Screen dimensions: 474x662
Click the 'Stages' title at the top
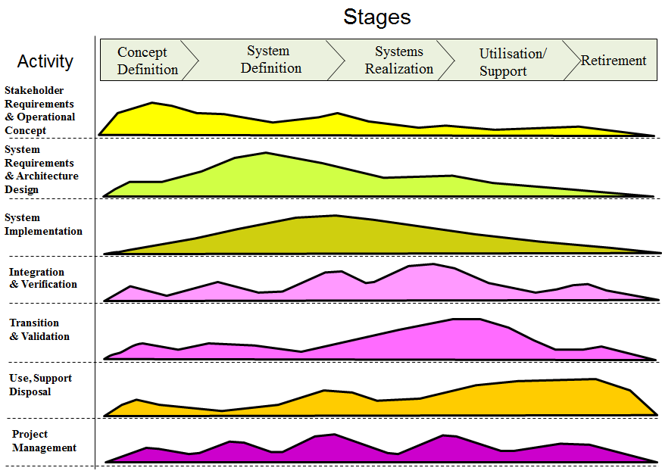point(376,17)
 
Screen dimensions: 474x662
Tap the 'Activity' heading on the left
point(45,61)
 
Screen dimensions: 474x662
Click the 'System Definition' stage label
point(270,60)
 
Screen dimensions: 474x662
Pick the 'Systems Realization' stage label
point(398,61)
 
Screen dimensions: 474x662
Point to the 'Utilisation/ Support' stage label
point(512,62)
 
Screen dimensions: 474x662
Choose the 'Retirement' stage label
point(614,61)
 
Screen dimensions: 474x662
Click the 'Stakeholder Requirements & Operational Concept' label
point(39,111)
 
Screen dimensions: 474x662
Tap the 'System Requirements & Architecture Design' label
point(41,170)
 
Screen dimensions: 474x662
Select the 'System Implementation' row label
point(43,225)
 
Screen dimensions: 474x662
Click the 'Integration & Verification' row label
point(43,278)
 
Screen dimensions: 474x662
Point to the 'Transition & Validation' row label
point(39,329)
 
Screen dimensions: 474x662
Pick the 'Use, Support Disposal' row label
point(41,385)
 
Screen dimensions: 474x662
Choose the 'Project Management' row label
point(44,441)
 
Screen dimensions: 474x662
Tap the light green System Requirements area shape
point(265,176)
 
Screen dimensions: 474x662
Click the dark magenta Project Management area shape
point(326,448)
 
